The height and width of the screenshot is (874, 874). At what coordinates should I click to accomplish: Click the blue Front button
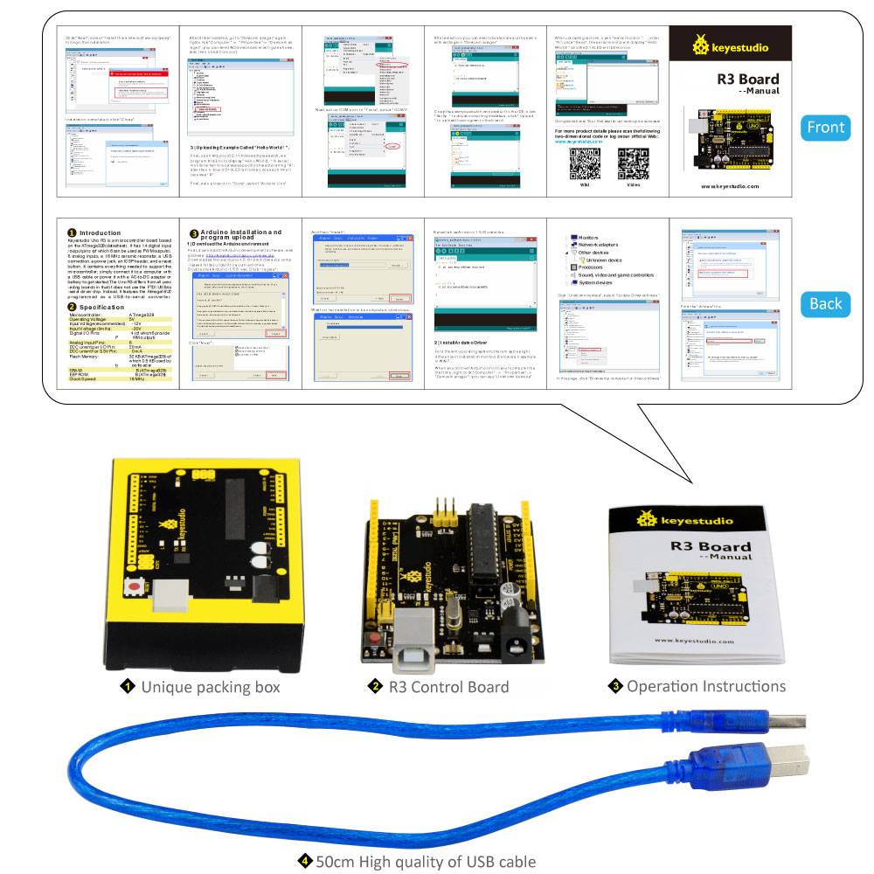click(825, 128)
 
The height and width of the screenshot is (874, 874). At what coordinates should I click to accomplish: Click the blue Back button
click(825, 303)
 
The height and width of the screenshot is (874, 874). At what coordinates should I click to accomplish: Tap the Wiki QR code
click(585, 163)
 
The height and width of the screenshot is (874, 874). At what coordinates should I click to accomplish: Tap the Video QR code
click(633, 163)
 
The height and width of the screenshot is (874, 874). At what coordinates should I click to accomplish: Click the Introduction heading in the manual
click(101, 233)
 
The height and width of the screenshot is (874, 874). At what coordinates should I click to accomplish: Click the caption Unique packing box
click(210, 687)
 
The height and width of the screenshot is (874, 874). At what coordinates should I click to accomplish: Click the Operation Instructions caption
click(705, 686)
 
